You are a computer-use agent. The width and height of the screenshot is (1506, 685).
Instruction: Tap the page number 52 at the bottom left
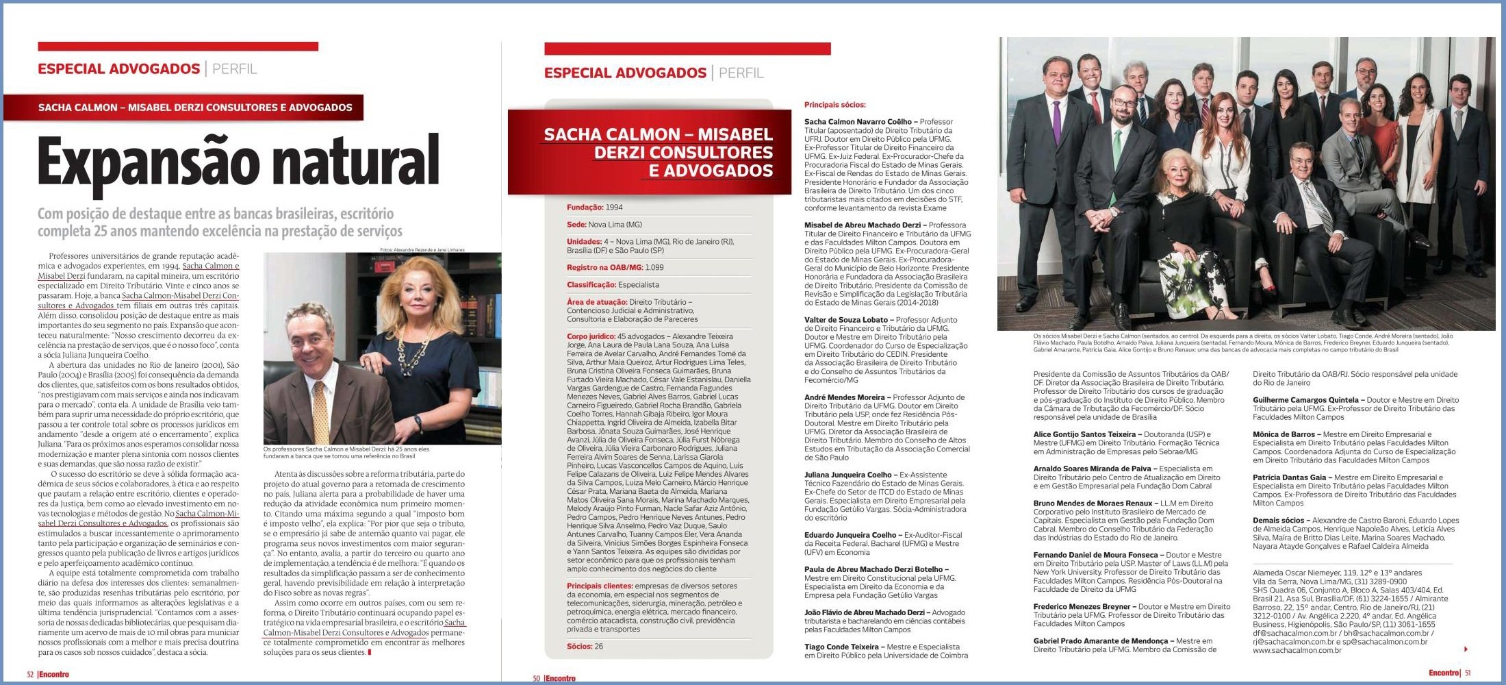click(x=30, y=674)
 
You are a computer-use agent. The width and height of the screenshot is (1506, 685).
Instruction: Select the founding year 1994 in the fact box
click(x=614, y=208)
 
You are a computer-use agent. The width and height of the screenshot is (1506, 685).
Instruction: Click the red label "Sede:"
click(x=576, y=225)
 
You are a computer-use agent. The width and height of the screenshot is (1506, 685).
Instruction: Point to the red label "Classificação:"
click(x=591, y=285)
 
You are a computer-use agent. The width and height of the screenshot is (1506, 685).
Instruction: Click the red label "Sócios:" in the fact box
click(x=579, y=647)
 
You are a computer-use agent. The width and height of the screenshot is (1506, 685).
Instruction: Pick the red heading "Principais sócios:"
click(x=834, y=105)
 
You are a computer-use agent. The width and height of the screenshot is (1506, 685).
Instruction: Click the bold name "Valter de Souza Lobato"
click(x=845, y=320)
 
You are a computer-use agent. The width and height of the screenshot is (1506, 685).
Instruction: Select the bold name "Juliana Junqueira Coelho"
click(x=847, y=475)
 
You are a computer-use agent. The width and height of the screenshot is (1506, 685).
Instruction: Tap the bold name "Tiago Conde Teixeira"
click(x=841, y=647)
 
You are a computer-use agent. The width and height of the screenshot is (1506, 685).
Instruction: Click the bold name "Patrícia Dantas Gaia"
click(x=1289, y=477)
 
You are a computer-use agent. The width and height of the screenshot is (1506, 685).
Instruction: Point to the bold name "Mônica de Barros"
click(x=1284, y=434)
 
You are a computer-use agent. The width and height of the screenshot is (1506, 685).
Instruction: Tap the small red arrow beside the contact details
click(x=1466, y=649)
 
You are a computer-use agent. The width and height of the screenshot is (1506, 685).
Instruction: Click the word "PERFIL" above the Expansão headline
click(x=234, y=68)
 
